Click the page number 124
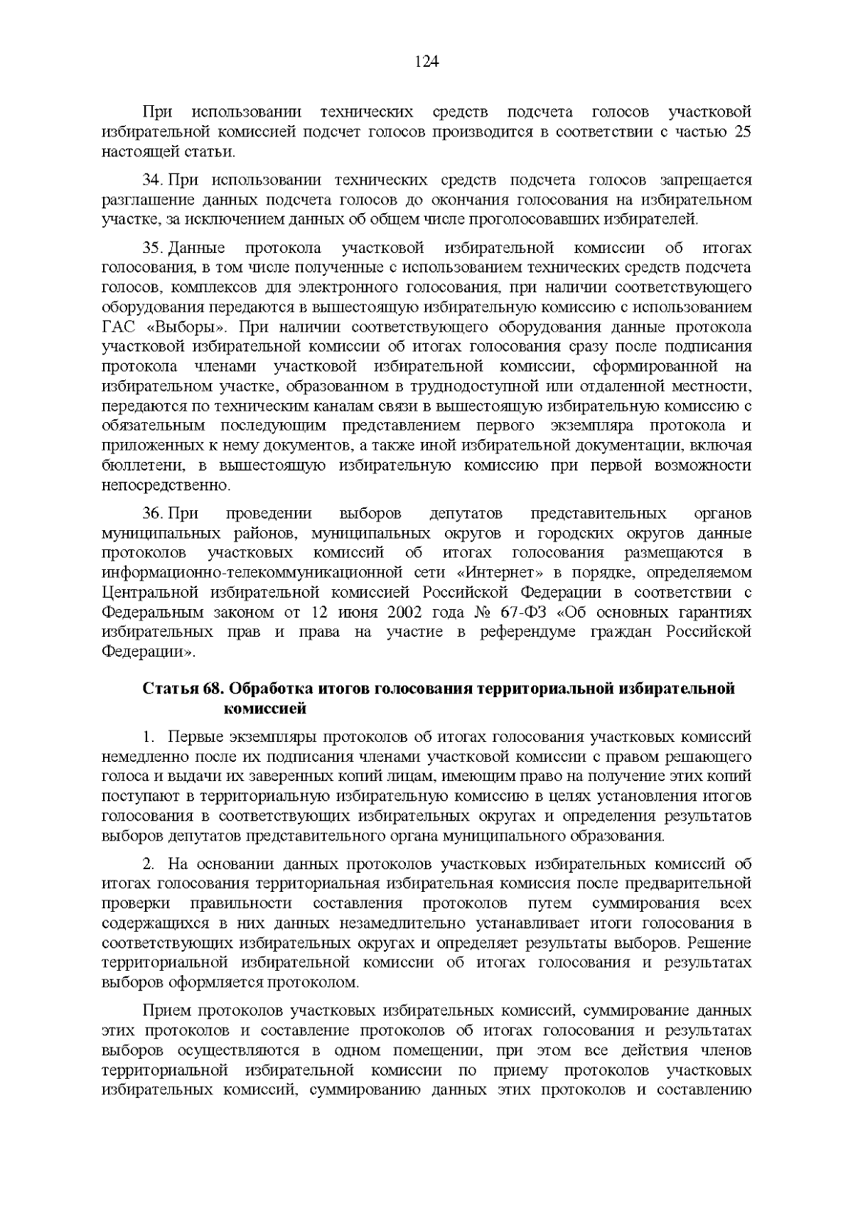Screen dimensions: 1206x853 [x=426, y=62]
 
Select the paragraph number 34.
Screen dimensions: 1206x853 [x=154, y=181]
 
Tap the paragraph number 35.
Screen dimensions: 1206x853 [x=154, y=248]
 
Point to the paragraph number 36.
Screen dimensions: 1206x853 [x=154, y=513]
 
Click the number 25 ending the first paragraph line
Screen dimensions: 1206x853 [x=742, y=132]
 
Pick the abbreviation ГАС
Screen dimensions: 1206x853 [x=118, y=328]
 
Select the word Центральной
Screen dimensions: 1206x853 [x=147, y=593]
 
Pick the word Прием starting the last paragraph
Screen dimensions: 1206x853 [x=166, y=1011]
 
